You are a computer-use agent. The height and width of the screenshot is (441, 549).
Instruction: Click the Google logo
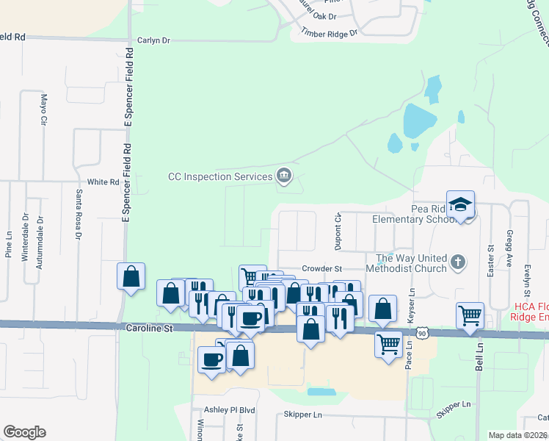click(x=24, y=432)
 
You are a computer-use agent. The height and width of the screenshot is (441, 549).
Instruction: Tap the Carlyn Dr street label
click(x=153, y=41)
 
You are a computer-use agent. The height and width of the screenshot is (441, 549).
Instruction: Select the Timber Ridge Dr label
click(x=328, y=33)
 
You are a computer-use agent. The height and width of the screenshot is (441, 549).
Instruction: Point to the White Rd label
click(x=103, y=182)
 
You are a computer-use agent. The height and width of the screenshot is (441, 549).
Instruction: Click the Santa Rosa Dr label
click(x=78, y=214)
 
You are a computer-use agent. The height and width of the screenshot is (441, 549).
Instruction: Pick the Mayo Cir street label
click(x=44, y=109)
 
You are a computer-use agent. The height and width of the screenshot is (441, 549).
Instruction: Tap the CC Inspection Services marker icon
click(x=283, y=176)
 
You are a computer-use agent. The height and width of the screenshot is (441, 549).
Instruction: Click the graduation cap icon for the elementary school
click(x=460, y=204)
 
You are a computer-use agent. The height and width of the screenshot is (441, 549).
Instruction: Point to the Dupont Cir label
click(x=338, y=229)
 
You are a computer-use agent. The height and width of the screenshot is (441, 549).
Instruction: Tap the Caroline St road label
click(x=148, y=329)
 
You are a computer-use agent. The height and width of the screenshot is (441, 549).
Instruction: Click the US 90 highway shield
click(x=422, y=334)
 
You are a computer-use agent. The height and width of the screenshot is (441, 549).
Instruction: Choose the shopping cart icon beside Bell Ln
click(x=470, y=315)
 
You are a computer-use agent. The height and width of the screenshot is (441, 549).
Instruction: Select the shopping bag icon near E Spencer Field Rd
click(x=131, y=276)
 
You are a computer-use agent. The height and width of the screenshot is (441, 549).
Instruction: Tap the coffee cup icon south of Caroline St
click(x=212, y=359)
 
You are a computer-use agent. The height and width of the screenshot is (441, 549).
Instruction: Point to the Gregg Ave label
click(x=509, y=247)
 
